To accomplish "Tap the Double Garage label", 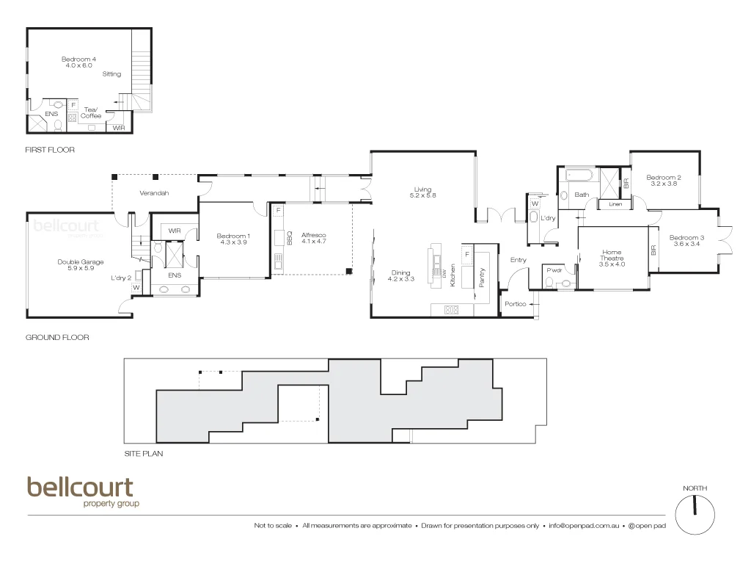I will coord(81,262).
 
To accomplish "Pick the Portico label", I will coord(515,304).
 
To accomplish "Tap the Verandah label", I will coord(154,193).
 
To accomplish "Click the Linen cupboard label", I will coord(615,204).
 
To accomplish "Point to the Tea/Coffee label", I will coord(91,112).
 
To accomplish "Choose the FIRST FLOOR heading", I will coord(51,150).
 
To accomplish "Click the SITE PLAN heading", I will coord(144,454).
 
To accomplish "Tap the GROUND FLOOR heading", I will coord(57,338).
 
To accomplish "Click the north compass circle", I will coord(695,514).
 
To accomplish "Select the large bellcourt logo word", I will coord(81,488).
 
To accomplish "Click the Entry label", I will coord(519,259).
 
